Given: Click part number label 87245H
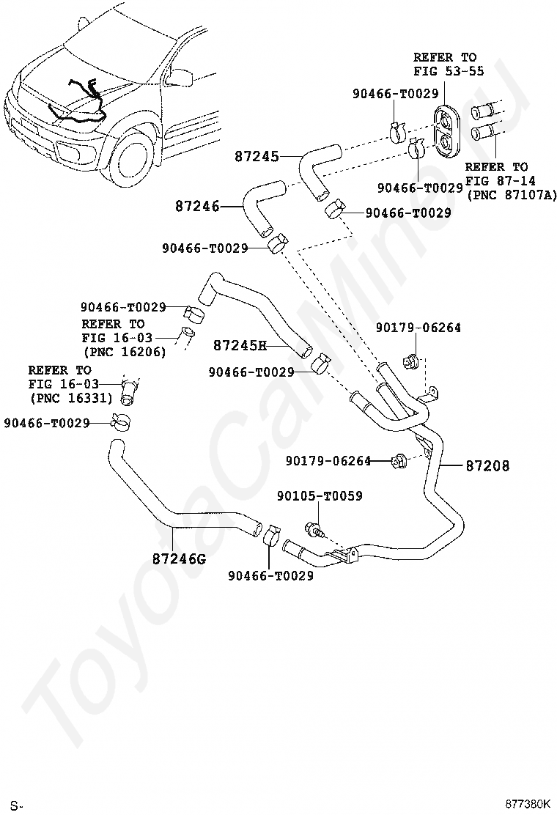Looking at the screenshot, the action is click(x=240, y=345).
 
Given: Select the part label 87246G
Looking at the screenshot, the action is click(x=179, y=558).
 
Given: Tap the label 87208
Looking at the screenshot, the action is click(x=487, y=465).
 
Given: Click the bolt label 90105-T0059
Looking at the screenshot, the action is click(x=320, y=496).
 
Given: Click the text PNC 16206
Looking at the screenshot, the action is click(x=125, y=352).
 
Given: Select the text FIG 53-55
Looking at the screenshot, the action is click(x=449, y=70).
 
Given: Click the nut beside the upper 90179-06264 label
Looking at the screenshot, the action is click(x=410, y=360).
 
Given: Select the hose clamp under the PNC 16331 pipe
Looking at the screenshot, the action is click(x=121, y=421).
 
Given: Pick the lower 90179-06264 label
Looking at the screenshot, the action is click(x=329, y=460).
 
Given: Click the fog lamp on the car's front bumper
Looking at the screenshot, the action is click(x=67, y=152).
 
